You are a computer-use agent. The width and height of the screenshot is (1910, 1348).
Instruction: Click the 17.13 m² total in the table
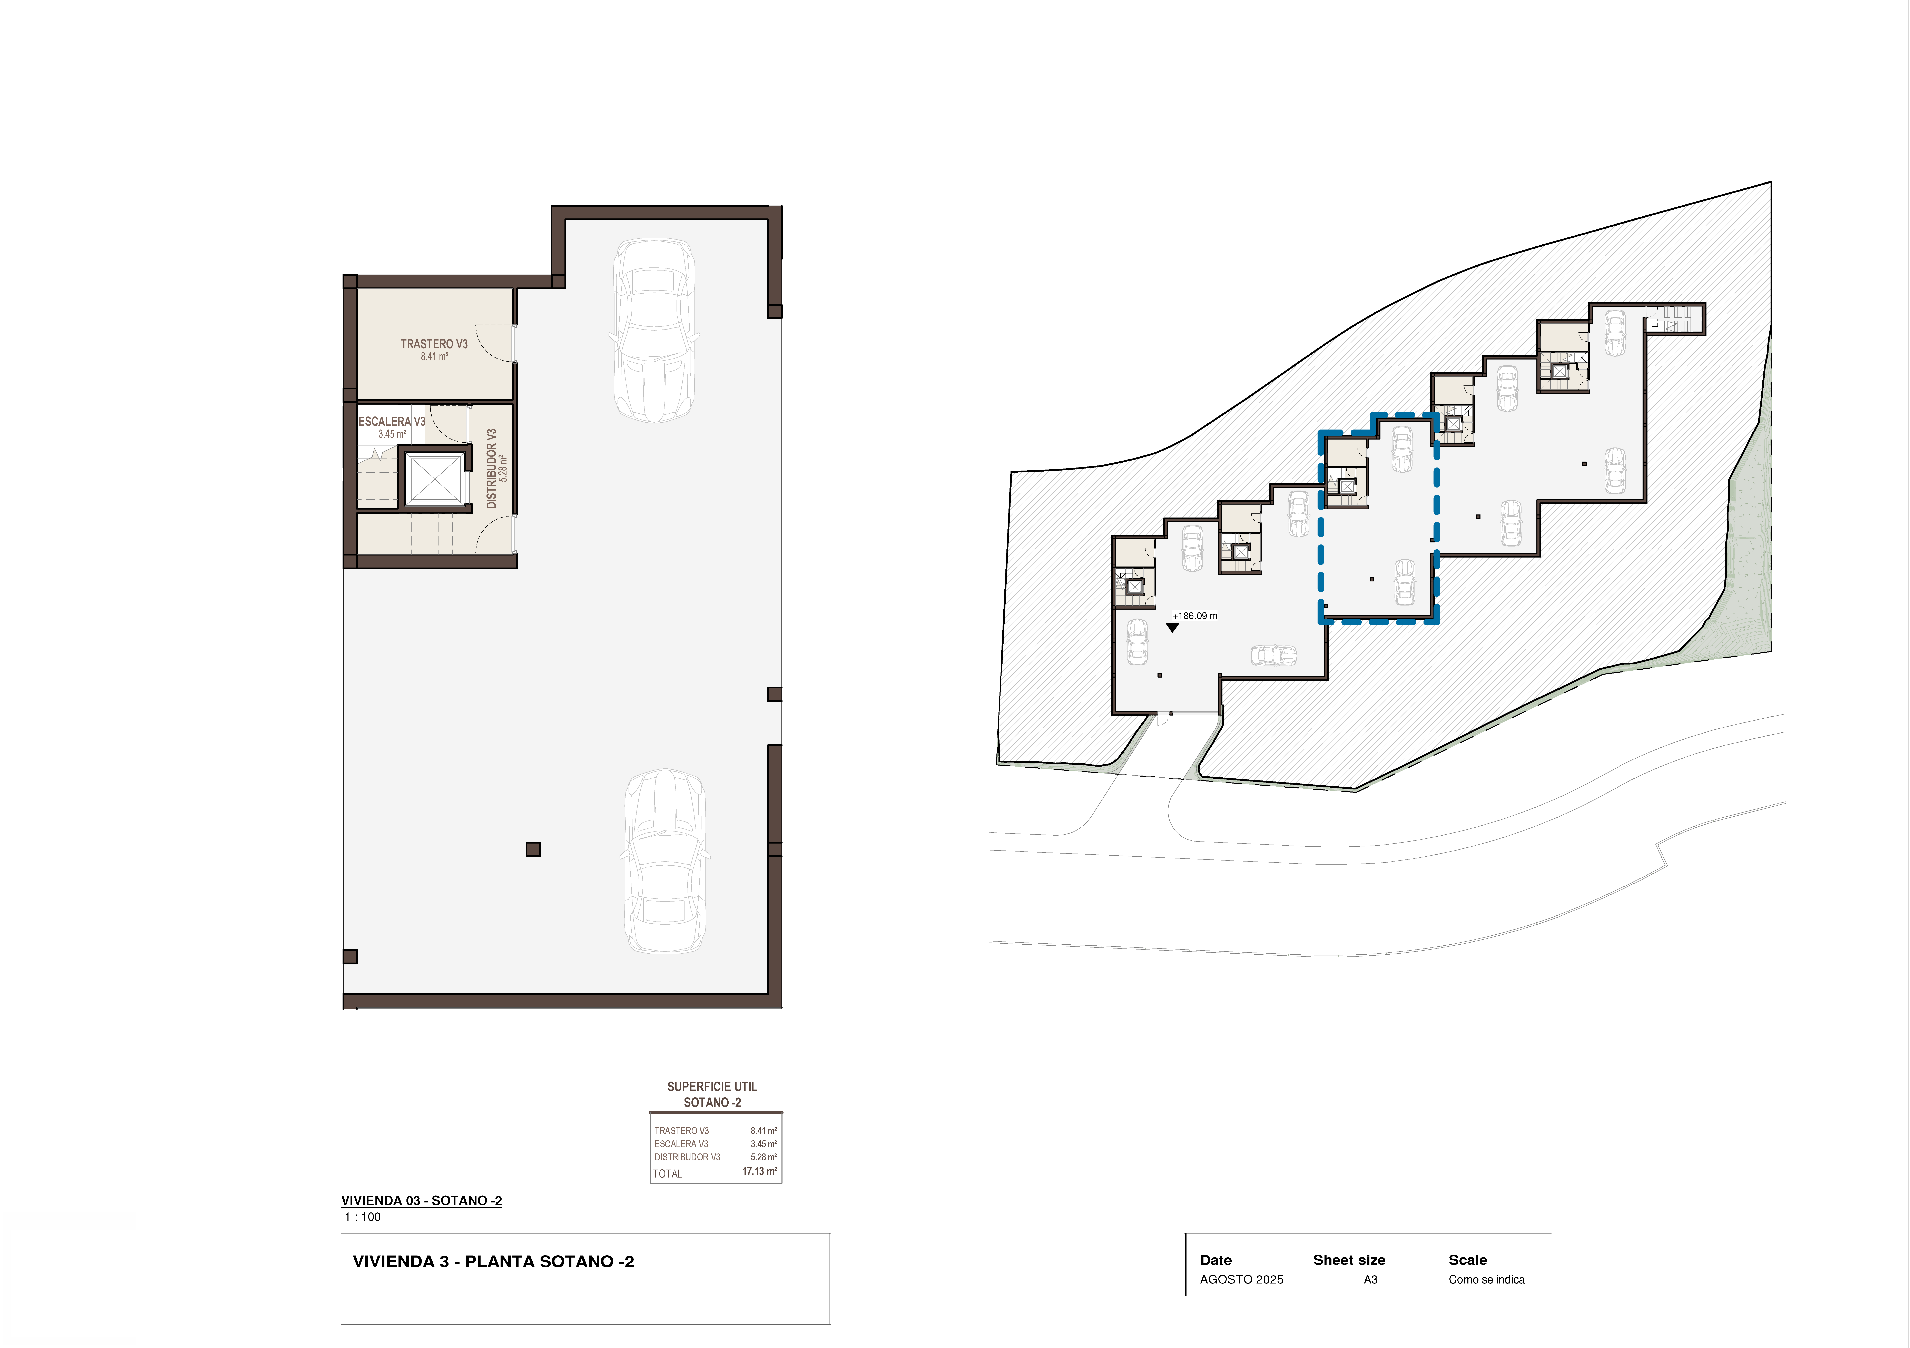(759, 1172)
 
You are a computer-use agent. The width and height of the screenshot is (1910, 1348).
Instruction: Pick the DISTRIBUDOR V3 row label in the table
(687, 1158)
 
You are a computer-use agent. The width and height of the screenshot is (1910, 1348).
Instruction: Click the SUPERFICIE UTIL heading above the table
(712, 1087)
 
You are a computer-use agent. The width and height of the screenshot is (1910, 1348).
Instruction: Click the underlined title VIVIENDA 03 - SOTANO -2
(422, 1201)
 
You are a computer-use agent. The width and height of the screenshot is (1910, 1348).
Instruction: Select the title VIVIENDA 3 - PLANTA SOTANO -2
(493, 1261)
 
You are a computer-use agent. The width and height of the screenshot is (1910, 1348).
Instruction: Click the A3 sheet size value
(1370, 1280)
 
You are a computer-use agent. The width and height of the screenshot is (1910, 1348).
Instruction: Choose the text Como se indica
(1487, 1280)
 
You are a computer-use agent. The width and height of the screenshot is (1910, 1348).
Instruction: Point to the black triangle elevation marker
(1172, 627)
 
